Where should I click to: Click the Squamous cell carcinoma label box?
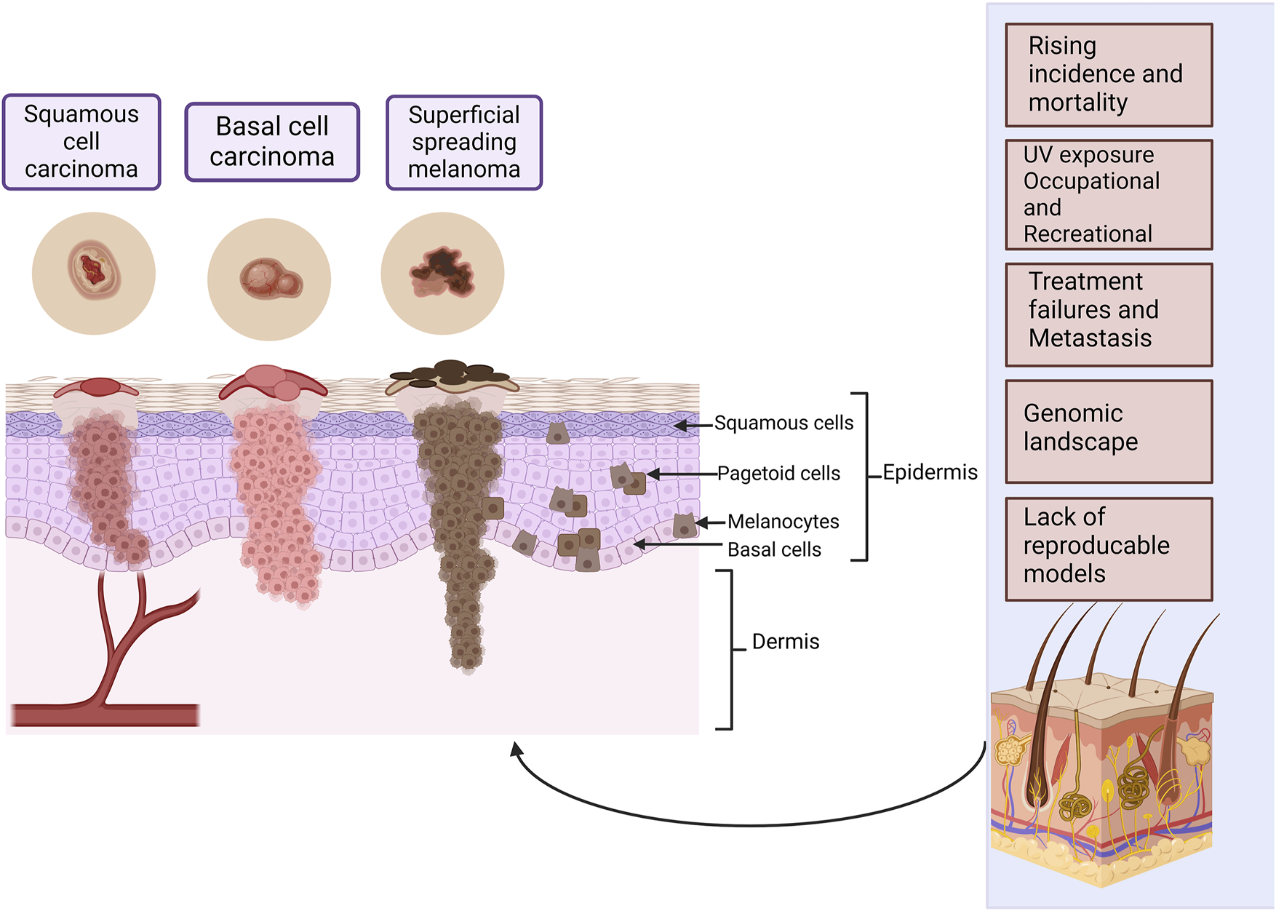pyautogui.click(x=81, y=142)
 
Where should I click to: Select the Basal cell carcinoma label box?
pyautogui.click(x=272, y=142)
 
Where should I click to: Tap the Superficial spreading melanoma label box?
pyautogui.click(x=464, y=143)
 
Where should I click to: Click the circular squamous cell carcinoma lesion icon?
pyautogui.click(x=94, y=274)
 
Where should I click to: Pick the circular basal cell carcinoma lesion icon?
pyautogui.click(x=269, y=279)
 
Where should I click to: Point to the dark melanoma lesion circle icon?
pyautogui.click(x=442, y=274)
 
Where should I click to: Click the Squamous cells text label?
pyautogui.click(x=783, y=423)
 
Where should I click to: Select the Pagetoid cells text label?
pyautogui.click(x=778, y=474)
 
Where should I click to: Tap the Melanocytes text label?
pyautogui.click(x=783, y=522)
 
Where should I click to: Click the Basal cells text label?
pyautogui.click(x=774, y=549)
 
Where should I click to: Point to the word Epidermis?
pyautogui.click(x=930, y=473)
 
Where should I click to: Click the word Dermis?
pyautogui.click(x=786, y=641)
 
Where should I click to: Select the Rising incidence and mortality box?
pyautogui.click(x=1109, y=75)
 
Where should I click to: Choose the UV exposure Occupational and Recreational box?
pyautogui.click(x=1109, y=194)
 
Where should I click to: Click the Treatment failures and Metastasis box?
pyautogui.click(x=1109, y=314)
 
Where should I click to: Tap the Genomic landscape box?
pyautogui.click(x=1109, y=431)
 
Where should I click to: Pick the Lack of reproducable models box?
pyautogui.click(x=1109, y=549)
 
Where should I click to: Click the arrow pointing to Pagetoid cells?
pyautogui.click(x=682, y=474)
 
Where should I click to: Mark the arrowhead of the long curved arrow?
pyautogui.click(x=516, y=749)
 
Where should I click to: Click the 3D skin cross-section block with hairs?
pyautogui.click(x=1101, y=749)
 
